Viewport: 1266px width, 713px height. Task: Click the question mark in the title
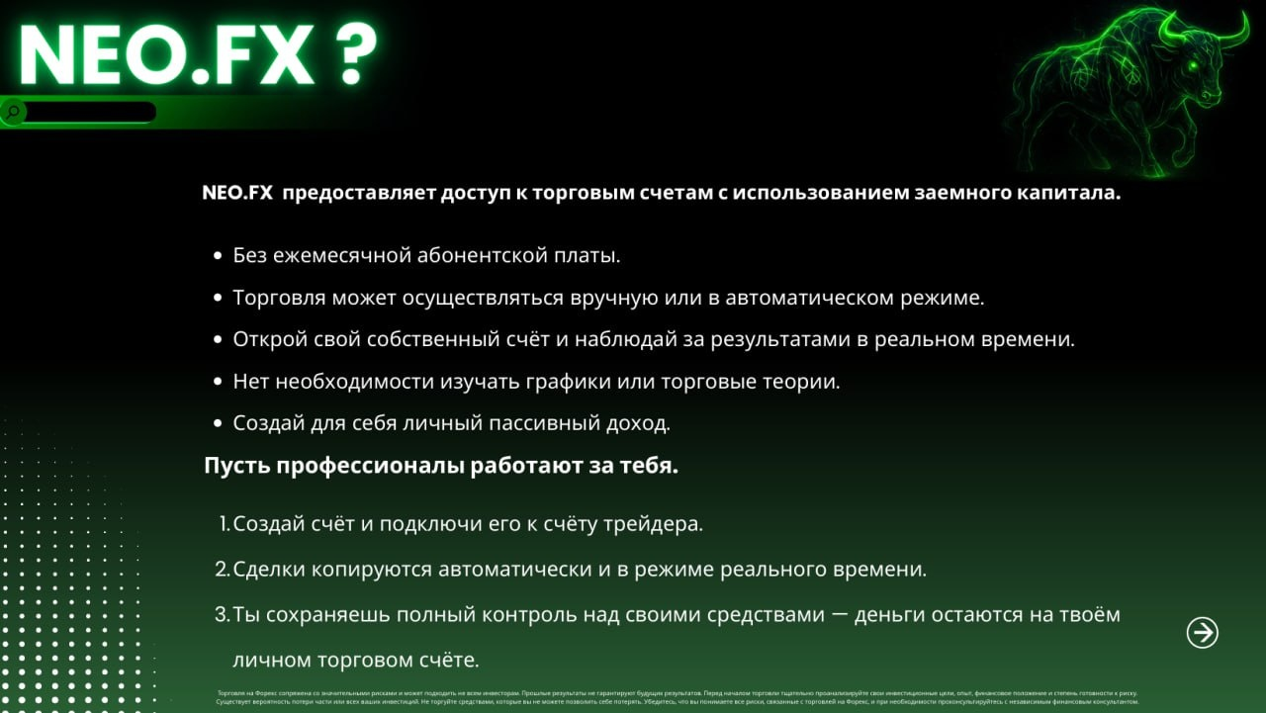(347, 56)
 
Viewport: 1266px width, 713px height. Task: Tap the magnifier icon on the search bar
(13, 112)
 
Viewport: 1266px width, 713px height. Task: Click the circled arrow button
(1202, 633)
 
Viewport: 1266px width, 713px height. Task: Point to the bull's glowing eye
(1194, 66)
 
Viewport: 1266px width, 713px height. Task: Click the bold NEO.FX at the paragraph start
(237, 194)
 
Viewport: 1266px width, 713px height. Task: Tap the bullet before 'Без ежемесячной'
(218, 256)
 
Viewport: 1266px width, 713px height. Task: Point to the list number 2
(223, 570)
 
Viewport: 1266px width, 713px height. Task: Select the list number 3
(223, 615)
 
